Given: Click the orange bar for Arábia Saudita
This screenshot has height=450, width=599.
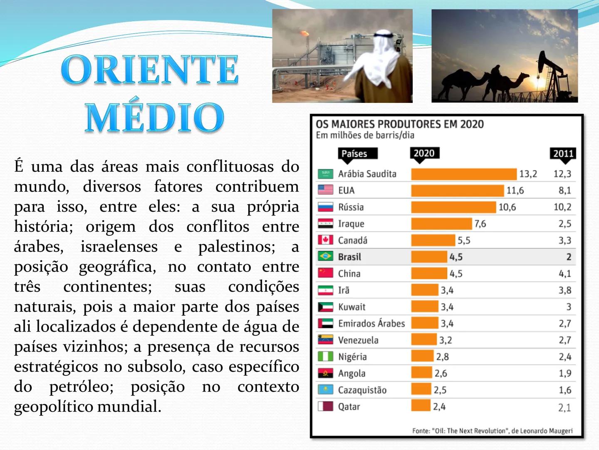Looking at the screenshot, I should click(x=463, y=174).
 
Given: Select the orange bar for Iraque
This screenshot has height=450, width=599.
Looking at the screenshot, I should click(x=442, y=224).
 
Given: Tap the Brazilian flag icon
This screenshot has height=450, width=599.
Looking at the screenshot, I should click(x=325, y=256).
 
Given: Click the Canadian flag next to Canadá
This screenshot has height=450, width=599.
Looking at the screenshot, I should click(x=325, y=240).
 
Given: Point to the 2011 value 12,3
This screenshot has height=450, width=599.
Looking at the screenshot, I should click(x=562, y=174).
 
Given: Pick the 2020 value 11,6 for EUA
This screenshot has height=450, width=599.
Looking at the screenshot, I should click(x=515, y=190).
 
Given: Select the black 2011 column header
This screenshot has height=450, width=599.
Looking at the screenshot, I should click(x=563, y=153).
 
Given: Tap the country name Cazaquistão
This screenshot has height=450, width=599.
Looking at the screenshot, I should click(x=362, y=390).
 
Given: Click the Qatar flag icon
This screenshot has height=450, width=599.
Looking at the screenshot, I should click(x=325, y=406).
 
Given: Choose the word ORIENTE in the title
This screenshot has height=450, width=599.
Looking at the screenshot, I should click(x=150, y=70).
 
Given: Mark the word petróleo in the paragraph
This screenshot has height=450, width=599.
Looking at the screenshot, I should click(x=81, y=387).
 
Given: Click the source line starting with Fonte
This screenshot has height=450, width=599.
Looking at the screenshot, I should click(x=492, y=430).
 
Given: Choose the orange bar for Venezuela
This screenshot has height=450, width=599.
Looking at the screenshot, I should click(x=424, y=340).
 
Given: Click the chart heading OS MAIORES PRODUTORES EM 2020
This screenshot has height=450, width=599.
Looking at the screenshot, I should click(x=399, y=124).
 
